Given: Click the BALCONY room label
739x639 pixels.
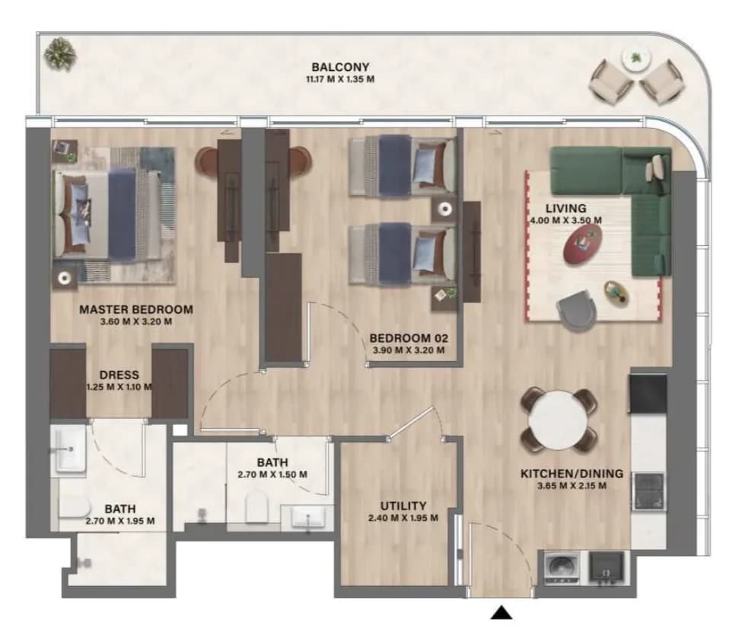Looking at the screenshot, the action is [x=339, y=67].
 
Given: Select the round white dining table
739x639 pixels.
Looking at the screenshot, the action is [x=559, y=420].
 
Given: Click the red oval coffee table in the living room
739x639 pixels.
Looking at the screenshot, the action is [x=583, y=244].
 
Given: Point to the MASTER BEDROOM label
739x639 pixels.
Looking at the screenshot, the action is [x=136, y=309].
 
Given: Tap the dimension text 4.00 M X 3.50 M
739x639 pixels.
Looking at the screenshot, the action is [x=565, y=220].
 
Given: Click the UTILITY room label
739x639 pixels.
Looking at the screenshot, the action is [x=403, y=506].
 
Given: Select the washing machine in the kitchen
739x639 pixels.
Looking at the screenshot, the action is [x=562, y=567].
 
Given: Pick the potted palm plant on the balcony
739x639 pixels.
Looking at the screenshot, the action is [x=60, y=54].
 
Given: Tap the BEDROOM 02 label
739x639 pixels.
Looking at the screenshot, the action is [x=409, y=338].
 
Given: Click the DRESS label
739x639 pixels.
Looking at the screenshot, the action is [x=119, y=375].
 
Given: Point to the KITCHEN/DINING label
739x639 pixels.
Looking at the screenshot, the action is [x=572, y=474].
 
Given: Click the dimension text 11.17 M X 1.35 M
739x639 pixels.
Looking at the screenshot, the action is [x=340, y=79].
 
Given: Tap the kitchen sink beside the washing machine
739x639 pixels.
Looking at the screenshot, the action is [x=607, y=567].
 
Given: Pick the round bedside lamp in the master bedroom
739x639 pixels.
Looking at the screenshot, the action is [x=64, y=278].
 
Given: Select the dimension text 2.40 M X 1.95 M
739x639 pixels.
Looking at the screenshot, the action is [x=403, y=518].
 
